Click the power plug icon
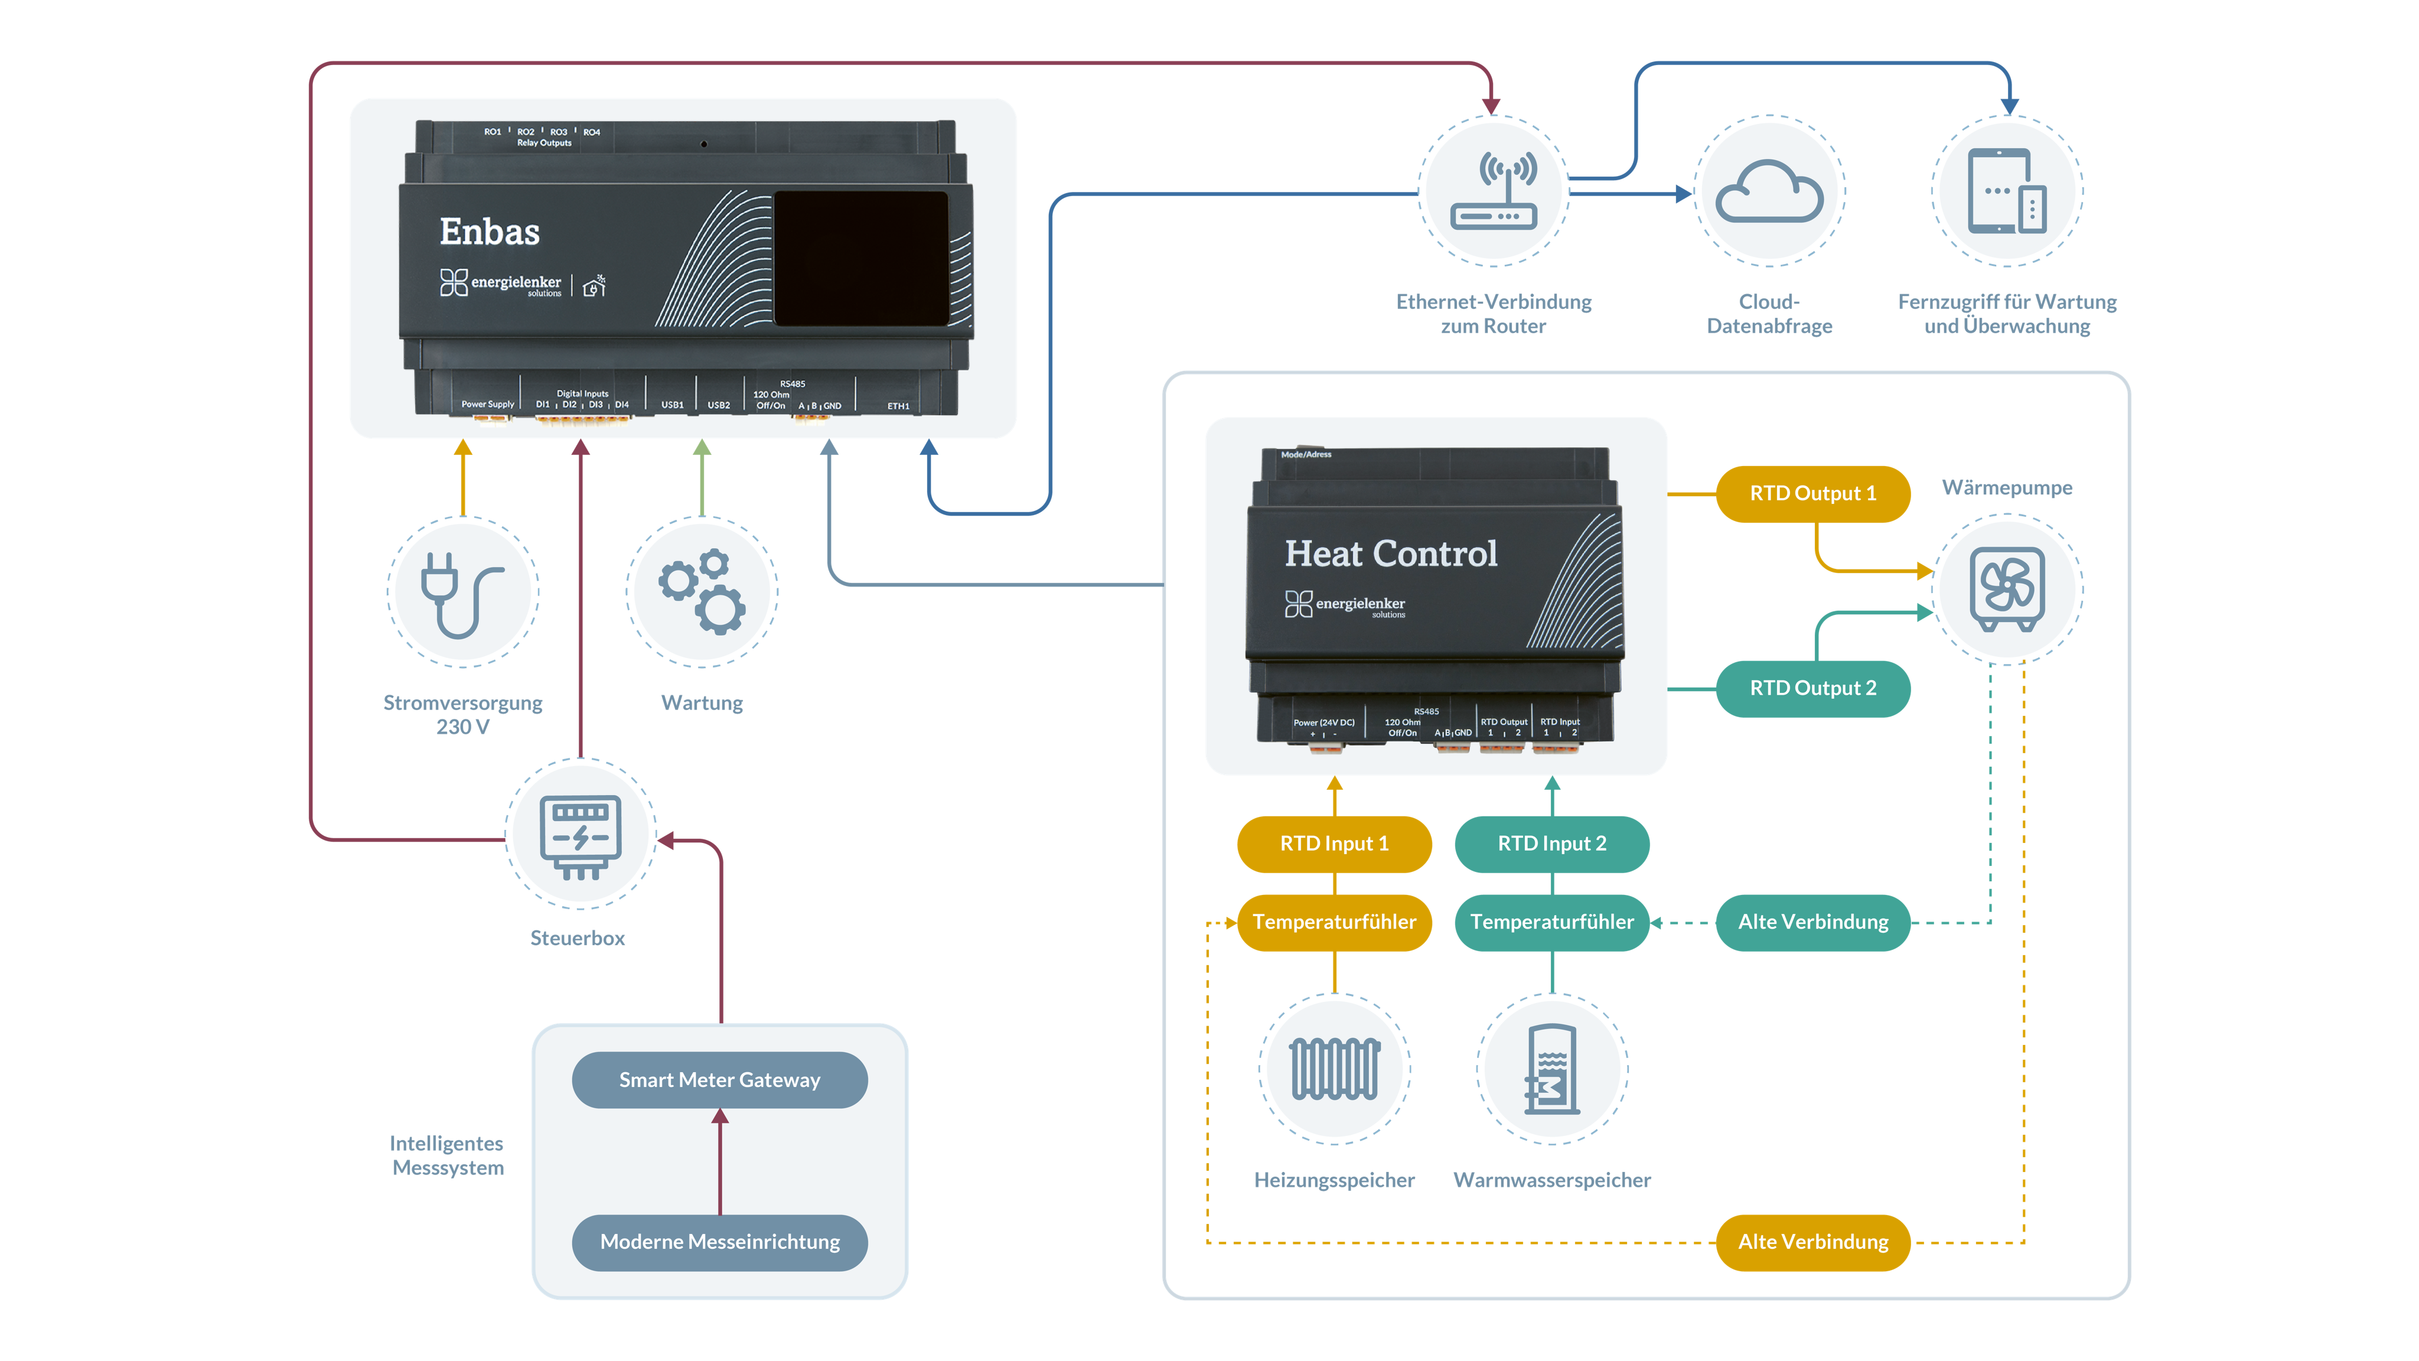point(462,592)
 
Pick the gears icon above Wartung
point(702,592)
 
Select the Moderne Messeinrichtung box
point(719,1242)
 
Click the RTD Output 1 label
point(1812,494)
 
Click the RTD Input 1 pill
point(1334,844)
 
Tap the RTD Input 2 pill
point(1551,844)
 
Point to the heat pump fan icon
point(2007,589)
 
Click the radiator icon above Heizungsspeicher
point(1334,1069)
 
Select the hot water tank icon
point(1551,1069)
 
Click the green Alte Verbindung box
point(1812,922)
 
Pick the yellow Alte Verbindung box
point(1812,1242)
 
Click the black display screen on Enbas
point(860,258)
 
